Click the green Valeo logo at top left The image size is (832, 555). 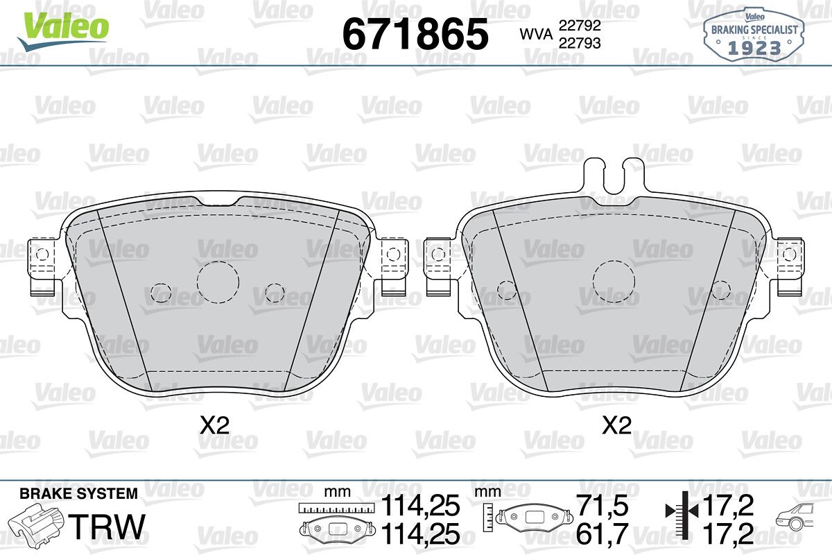[63, 31]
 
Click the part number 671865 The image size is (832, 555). [415, 34]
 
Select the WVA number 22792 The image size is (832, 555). [580, 25]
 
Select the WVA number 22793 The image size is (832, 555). [580, 43]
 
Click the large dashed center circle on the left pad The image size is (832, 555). [218, 282]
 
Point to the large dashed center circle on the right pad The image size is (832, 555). [614, 282]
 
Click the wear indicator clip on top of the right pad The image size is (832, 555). [614, 176]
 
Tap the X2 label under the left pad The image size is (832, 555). [215, 425]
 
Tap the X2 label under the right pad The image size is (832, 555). [616, 425]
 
